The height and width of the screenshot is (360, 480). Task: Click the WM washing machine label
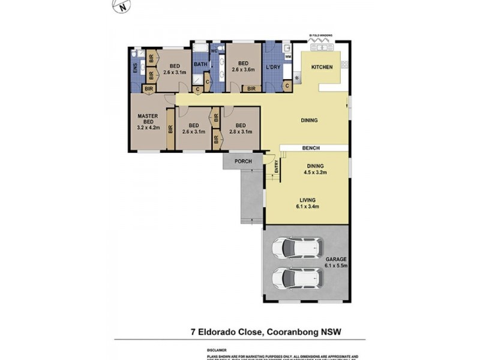coord(288,57)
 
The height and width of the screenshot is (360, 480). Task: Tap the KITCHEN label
coord(321,67)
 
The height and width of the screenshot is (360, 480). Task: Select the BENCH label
coord(311,148)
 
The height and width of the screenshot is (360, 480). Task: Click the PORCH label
coord(243,161)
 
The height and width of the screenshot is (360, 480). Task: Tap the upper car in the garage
coord(297,247)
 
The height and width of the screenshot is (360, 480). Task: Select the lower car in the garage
coord(297,277)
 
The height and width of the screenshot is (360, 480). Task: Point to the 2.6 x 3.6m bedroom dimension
coord(244,69)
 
